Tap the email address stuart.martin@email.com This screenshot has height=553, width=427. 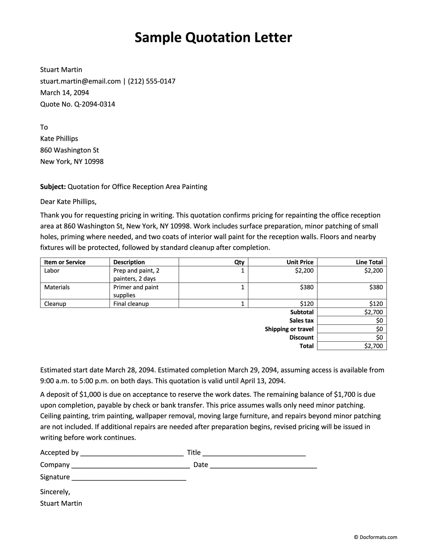(x=80, y=81)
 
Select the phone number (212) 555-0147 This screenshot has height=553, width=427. (x=151, y=81)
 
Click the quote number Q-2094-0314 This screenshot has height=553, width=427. (x=95, y=104)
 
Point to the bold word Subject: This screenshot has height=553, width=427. (x=53, y=187)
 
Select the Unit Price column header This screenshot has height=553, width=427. (x=300, y=262)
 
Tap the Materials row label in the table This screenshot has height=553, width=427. (x=57, y=287)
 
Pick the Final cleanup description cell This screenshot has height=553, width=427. (x=131, y=304)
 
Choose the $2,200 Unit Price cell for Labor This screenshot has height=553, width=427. (x=304, y=270)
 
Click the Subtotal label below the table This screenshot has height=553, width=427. (x=302, y=312)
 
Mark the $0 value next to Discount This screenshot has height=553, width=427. (x=379, y=337)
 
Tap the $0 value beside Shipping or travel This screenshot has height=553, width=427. (x=379, y=329)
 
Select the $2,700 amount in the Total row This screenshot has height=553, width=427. (x=373, y=346)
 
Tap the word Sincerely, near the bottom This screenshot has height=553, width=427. (x=55, y=492)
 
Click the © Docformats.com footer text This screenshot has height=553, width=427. (x=375, y=537)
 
